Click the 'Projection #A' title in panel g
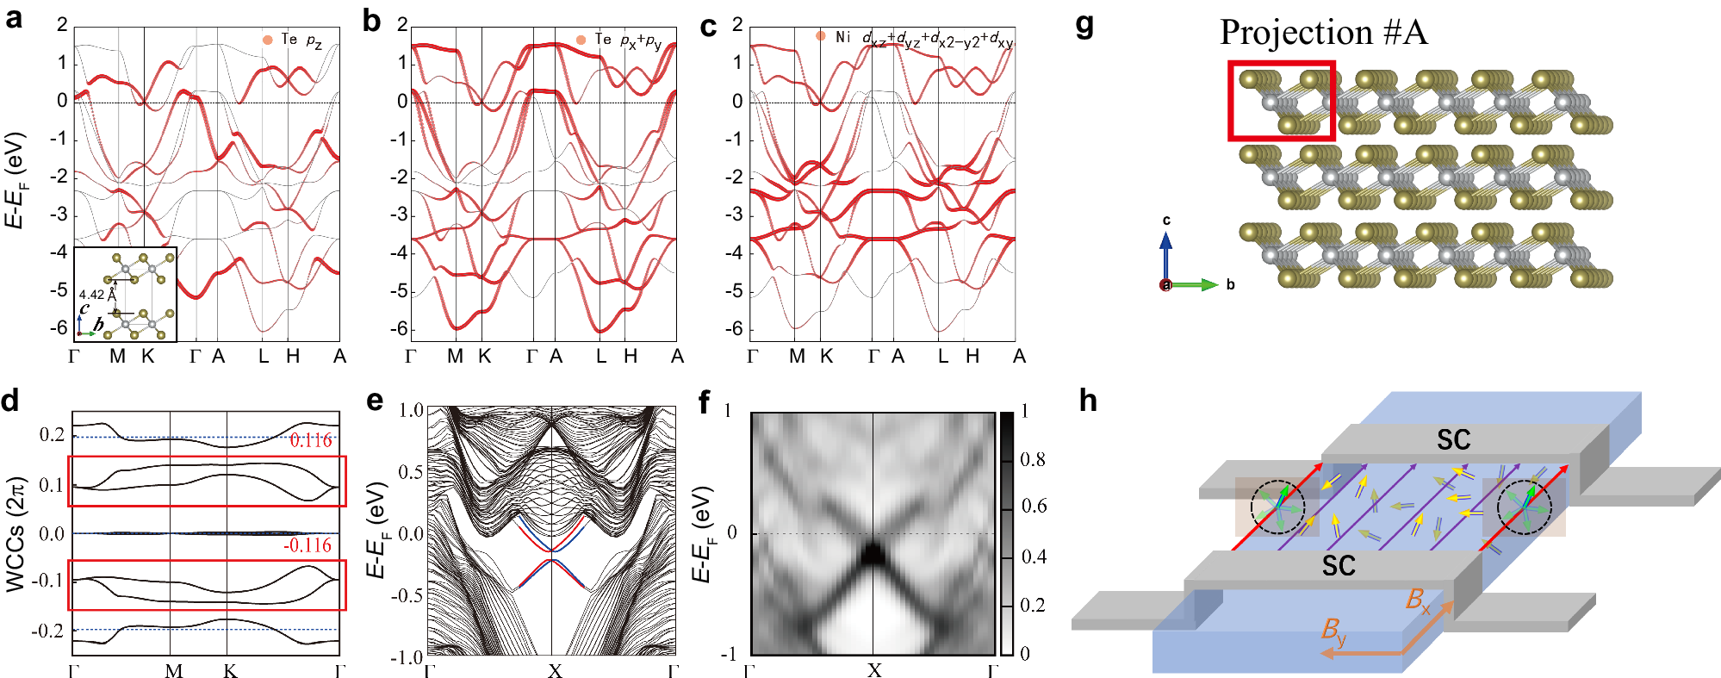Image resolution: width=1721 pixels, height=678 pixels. [x=1323, y=33]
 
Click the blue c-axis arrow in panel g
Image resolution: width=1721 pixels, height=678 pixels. [x=1165, y=254]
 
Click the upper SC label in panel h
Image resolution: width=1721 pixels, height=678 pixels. [x=1453, y=440]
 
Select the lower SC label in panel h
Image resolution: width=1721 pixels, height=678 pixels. [x=1339, y=566]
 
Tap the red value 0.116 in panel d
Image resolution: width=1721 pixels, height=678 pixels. [x=310, y=440]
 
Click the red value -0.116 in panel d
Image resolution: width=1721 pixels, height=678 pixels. [x=307, y=545]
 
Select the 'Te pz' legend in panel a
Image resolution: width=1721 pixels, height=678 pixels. [x=293, y=40]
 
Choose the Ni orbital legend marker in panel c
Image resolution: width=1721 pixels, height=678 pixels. [x=820, y=36]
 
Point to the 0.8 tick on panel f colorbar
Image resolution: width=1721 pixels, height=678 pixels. [x=1032, y=459]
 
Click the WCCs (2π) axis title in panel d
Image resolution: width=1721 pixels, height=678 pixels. [x=15, y=534]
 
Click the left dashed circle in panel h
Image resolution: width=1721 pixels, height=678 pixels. [x=1277, y=507]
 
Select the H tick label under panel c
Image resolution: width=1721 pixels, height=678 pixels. [x=972, y=356]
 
